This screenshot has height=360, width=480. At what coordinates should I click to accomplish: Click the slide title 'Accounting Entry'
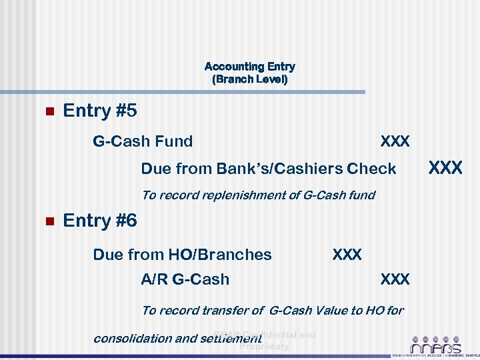[x=249, y=67]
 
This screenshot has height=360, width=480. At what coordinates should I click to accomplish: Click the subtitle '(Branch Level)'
[x=249, y=79]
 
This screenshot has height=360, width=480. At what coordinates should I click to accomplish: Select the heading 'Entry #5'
[x=99, y=111]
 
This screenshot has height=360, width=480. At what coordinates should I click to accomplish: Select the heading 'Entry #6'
[x=99, y=220]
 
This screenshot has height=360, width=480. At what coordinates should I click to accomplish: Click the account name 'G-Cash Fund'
[x=143, y=141]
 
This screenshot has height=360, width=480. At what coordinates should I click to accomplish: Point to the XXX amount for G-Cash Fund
[x=395, y=141]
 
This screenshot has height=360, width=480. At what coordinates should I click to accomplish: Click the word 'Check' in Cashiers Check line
[x=371, y=169]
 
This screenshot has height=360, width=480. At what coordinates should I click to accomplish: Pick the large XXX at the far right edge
[x=445, y=167]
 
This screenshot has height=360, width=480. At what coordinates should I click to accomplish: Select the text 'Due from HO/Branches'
[x=182, y=255]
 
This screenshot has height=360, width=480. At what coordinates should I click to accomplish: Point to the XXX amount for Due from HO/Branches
[x=347, y=255]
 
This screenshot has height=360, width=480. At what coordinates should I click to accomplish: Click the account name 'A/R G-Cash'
[x=185, y=279]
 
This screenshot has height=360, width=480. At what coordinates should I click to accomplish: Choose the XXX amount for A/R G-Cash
[x=395, y=279]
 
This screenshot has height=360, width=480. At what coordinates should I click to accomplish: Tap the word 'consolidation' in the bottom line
[x=133, y=338]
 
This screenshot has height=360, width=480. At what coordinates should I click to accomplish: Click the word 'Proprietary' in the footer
[x=264, y=347]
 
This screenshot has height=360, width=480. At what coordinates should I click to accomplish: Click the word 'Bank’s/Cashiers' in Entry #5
[x=279, y=169]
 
